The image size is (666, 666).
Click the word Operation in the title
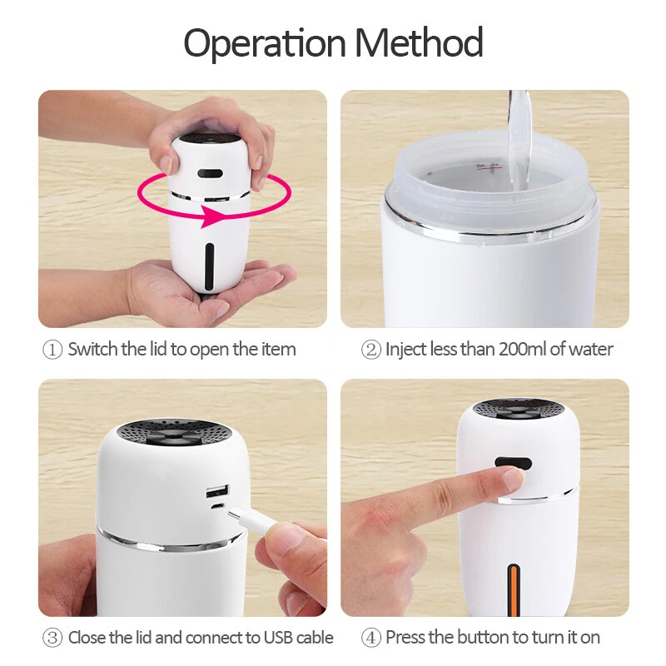265,43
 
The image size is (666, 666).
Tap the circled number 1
52,350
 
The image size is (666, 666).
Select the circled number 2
370,350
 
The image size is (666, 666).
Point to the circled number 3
52,639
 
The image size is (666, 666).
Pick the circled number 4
370,639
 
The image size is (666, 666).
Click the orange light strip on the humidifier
514,590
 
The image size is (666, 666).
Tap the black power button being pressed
513,463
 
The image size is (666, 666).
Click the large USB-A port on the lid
217,491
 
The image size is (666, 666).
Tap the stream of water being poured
519,140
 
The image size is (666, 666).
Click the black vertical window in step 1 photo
209,266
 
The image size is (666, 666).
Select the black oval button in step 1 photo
210,174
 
